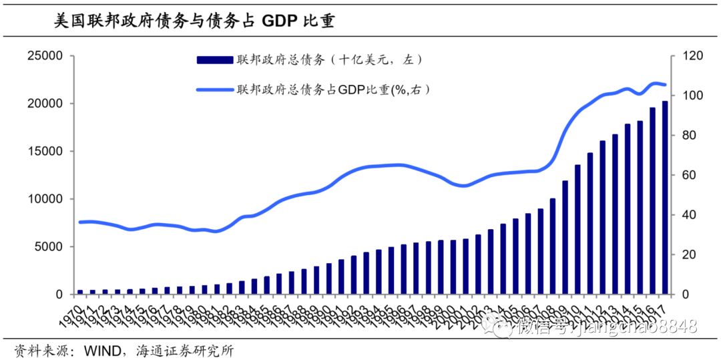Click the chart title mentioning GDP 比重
pos(194,21)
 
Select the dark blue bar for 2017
pos(664,198)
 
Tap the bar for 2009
pos(565,237)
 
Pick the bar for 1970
pos(80,292)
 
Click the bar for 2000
pos(453,267)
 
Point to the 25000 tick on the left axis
pos(45,56)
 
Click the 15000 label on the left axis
pos(45,152)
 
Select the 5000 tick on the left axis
pos(48,247)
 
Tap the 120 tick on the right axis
pos(694,56)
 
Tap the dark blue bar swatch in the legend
pos(214,60)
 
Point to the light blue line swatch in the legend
pos(214,89)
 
